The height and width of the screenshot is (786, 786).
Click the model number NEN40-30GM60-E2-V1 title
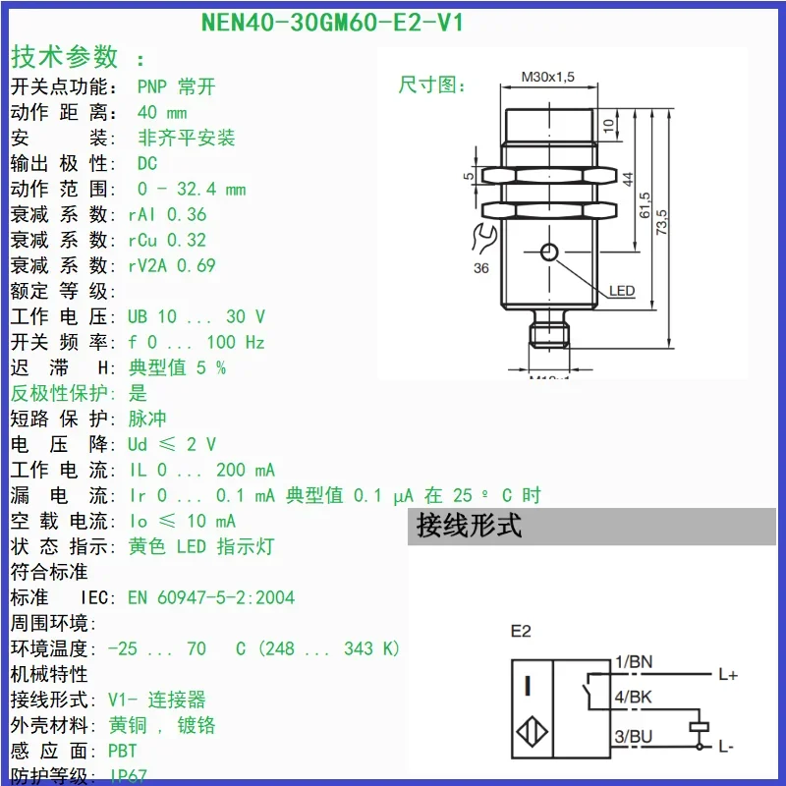pos(331,22)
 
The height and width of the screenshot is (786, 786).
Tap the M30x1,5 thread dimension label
pos(547,76)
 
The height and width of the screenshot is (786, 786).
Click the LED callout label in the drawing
pos(622,291)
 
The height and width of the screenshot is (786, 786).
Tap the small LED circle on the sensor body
pos(549,253)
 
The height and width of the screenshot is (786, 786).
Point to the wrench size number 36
pos(481,268)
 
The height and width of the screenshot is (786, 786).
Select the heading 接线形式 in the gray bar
pos(469,526)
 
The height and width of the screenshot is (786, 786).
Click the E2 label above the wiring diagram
pos(521,631)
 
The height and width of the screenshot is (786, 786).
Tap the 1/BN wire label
pos(633,662)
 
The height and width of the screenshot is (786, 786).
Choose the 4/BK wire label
pos(633,699)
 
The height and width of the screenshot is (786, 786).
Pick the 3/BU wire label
pos(633,736)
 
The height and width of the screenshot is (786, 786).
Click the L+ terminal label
pos(728,675)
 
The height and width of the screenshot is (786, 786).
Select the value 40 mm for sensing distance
pos(161,112)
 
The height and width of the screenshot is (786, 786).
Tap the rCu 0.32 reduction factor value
pos(167,240)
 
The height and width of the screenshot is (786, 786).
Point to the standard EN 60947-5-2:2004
pos(210,597)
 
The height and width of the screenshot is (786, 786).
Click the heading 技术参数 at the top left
pos(65,56)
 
